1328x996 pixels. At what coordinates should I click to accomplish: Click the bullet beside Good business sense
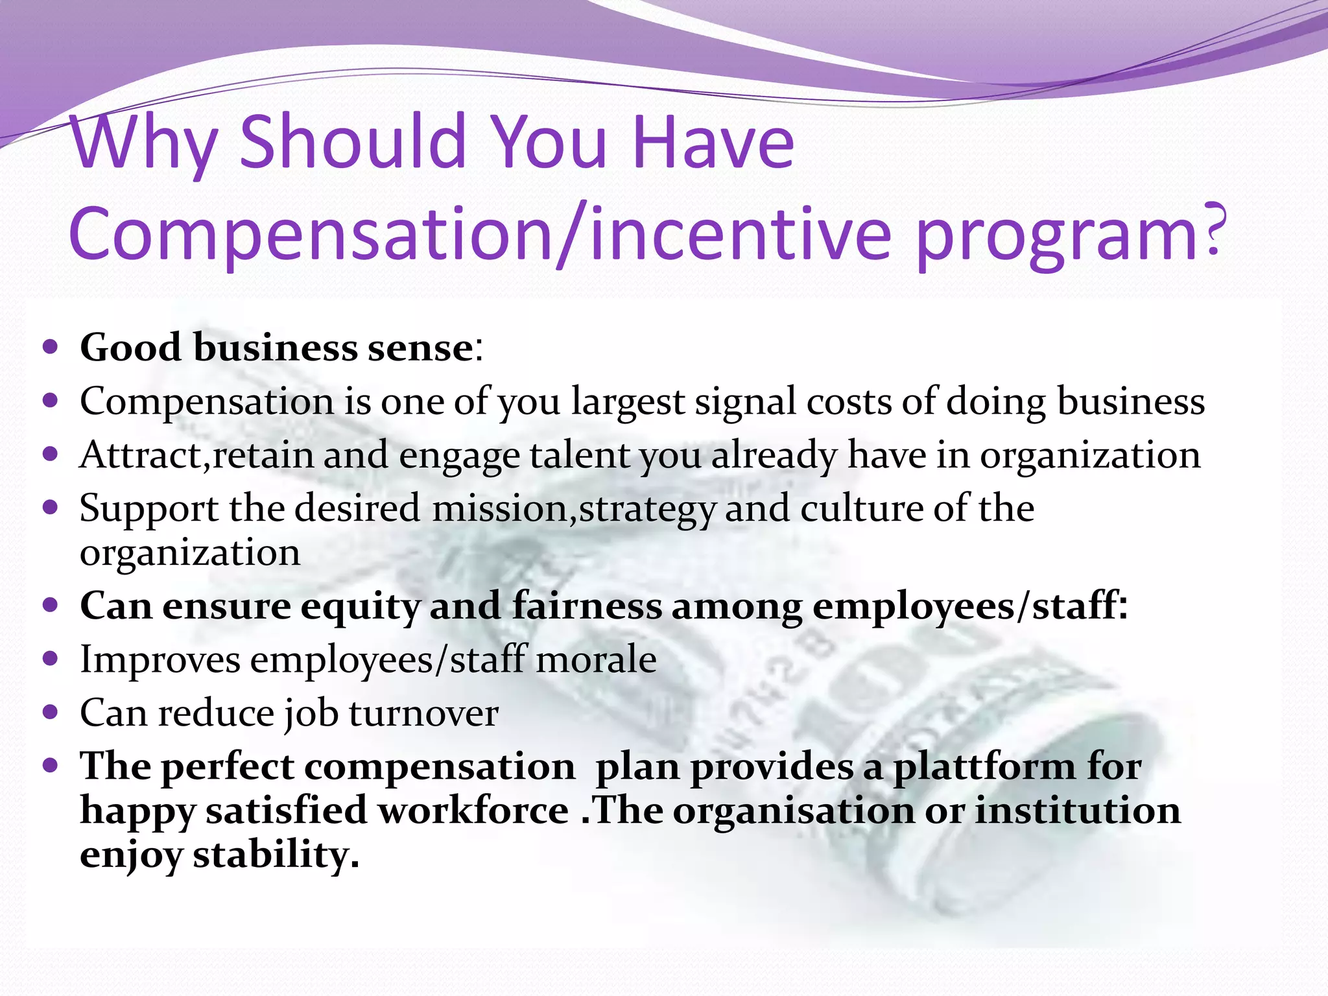coord(50,347)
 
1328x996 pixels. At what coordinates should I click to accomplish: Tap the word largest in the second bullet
coord(627,402)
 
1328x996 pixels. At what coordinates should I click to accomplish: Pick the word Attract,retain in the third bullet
coord(196,455)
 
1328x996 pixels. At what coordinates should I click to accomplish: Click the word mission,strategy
coord(574,509)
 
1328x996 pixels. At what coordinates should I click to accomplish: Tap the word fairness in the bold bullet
coord(587,606)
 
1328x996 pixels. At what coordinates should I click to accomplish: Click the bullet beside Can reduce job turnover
coord(50,713)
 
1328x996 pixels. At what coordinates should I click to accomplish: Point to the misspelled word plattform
coord(984,768)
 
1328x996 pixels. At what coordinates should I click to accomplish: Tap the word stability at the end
coord(275,855)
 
